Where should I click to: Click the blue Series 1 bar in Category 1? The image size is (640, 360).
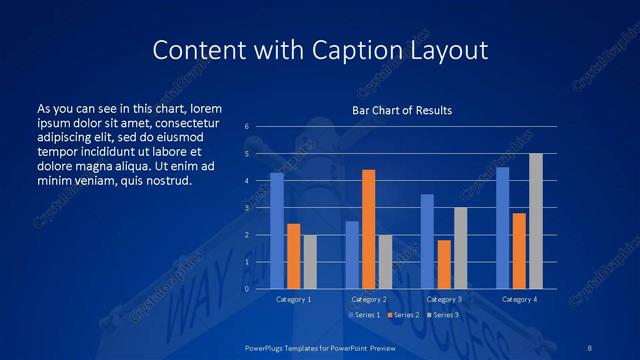point(277,231)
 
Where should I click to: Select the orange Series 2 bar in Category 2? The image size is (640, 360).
point(368,229)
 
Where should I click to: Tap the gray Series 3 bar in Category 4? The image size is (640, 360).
point(536,221)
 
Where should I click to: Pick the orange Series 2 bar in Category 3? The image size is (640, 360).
point(444,264)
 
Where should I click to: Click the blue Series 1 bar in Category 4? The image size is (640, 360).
point(502,228)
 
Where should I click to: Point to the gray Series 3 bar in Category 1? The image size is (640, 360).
point(310,262)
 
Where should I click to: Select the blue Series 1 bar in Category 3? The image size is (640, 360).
point(427,241)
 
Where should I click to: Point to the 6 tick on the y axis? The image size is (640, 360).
point(246,127)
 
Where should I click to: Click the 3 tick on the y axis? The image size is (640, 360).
point(246,208)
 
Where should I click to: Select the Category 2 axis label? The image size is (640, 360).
point(368,299)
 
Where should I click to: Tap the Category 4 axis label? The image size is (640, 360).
point(519,299)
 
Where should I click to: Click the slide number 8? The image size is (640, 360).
point(588,347)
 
